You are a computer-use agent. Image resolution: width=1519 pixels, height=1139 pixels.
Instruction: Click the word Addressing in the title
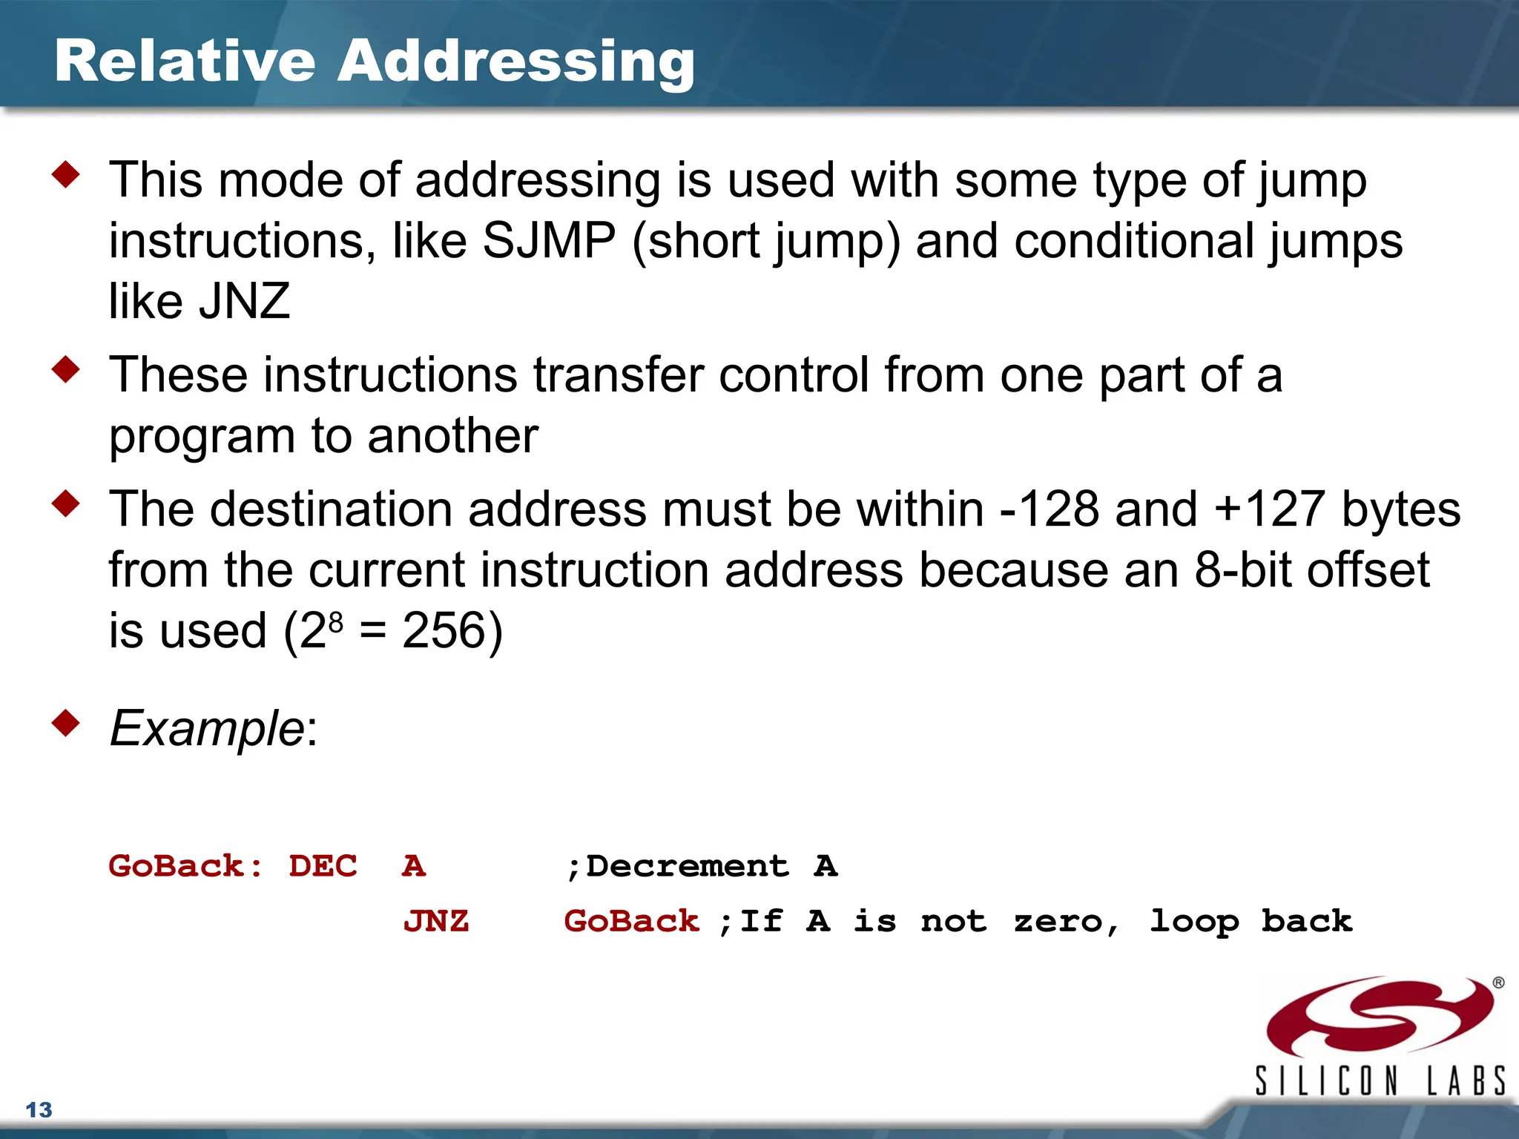click(x=516, y=62)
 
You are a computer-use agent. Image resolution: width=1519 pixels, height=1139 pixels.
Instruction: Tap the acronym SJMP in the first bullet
click(x=549, y=241)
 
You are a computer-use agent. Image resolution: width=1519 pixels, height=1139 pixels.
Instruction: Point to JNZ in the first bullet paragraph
click(x=244, y=302)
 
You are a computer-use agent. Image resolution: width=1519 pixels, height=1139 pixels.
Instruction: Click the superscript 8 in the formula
click(x=336, y=620)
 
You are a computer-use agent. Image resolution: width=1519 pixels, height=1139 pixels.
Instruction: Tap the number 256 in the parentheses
click(x=443, y=631)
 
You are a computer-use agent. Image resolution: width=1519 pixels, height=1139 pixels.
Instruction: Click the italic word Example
click(x=207, y=728)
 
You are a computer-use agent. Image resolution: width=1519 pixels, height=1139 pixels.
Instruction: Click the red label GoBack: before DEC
click(x=185, y=866)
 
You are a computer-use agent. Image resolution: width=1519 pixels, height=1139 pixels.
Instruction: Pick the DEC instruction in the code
click(x=323, y=866)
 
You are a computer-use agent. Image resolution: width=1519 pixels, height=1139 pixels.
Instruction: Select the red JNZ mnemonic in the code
click(x=435, y=922)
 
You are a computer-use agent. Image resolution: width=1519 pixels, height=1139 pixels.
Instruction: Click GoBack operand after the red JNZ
click(x=631, y=922)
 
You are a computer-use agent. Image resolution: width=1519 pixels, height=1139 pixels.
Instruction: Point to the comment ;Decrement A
click(x=701, y=866)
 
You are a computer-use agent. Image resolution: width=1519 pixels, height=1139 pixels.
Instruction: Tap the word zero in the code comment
click(x=1058, y=922)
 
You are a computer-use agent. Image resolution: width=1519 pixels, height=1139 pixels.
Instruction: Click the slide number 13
click(x=39, y=1110)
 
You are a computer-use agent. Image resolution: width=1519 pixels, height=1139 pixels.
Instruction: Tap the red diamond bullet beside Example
click(x=66, y=723)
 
